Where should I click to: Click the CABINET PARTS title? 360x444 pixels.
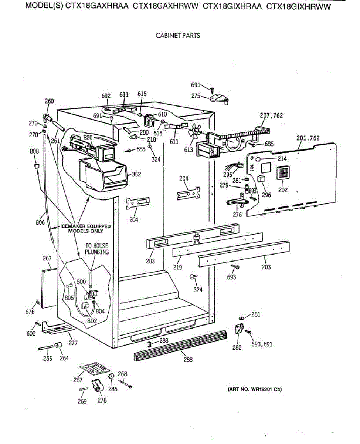pyautogui.click(x=178, y=36)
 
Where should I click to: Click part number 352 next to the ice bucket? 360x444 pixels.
pyautogui.click(x=136, y=174)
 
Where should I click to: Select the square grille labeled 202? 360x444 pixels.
pyautogui.click(x=284, y=174)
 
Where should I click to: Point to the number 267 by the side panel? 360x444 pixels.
pyautogui.click(x=47, y=258)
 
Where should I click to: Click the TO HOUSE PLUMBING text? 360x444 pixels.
pyautogui.click(x=97, y=249)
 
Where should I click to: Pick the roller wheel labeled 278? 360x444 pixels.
pyautogui.click(x=98, y=386)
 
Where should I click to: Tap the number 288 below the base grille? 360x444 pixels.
pyautogui.click(x=188, y=359)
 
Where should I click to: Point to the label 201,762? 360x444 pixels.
pyautogui.click(x=308, y=138)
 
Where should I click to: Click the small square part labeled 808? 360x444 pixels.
pyautogui.click(x=37, y=166)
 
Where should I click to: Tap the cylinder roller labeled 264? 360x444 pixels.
pyautogui.click(x=58, y=346)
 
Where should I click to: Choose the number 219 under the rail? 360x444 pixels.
pyautogui.click(x=178, y=267)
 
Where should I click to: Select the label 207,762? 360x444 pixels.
pyautogui.click(x=271, y=115)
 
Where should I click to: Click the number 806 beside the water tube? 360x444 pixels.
pyautogui.click(x=40, y=222)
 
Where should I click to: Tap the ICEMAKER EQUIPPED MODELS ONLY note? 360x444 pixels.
pyautogui.click(x=85, y=229)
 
